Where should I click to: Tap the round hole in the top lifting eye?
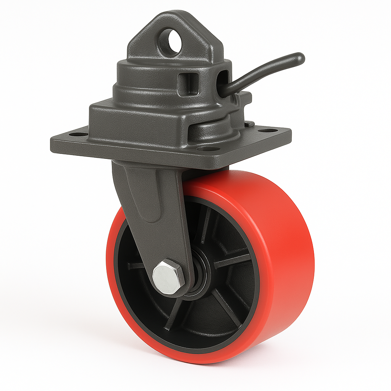[x=170, y=41]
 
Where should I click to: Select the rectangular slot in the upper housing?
[x=188, y=83]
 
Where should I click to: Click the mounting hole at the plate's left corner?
[x=79, y=134]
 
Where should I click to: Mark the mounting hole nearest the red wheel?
[x=208, y=149]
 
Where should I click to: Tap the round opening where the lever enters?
[x=223, y=79]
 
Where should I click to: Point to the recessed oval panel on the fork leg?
[x=147, y=195]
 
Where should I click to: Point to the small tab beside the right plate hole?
[x=249, y=123]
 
